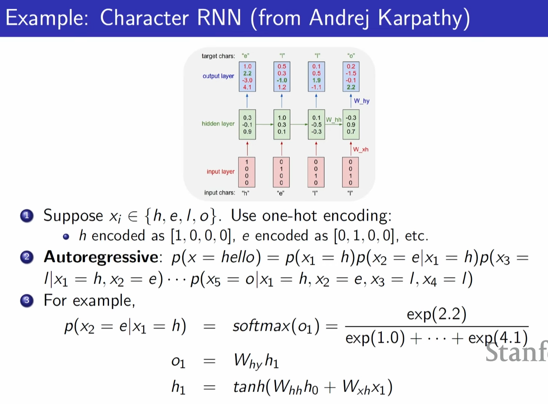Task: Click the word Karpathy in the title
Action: pyautogui.click(x=423, y=18)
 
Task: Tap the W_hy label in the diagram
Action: pyautogui.click(x=361, y=101)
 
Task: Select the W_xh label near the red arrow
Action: pyautogui.click(x=361, y=149)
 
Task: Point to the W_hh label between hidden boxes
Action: pyautogui.click(x=333, y=120)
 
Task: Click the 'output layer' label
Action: pyautogui.click(x=218, y=76)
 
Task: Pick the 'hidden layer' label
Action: pyautogui.click(x=218, y=124)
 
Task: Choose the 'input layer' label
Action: pyautogui.click(x=220, y=172)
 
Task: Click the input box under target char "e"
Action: pyautogui.click(x=247, y=172)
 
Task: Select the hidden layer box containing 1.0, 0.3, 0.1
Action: pyautogui.click(x=282, y=124)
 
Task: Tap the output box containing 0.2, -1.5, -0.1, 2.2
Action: pyautogui.click(x=351, y=77)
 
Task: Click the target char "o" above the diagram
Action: pyautogui.click(x=351, y=56)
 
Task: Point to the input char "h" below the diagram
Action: pyautogui.click(x=246, y=193)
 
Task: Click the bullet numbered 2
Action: pyautogui.click(x=27, y=257)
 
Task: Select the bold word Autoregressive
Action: pyautogui.click(x=101, y=257)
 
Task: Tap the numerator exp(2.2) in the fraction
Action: pyautogui.click(x=436, y=314)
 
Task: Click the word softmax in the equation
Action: pyautogui.click(x=261, y=326)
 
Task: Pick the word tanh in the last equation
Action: pyautogui.click(x=249, y=387)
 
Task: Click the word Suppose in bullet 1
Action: pyautogui.click(x=73, y=216)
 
